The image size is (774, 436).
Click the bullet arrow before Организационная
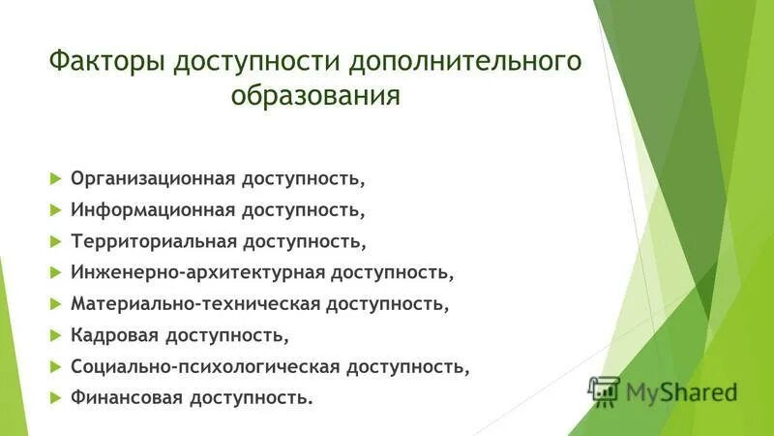54,179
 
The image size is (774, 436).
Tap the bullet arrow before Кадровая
54,335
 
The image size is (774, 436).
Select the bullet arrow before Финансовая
54,397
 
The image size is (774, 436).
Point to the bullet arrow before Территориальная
54,241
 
